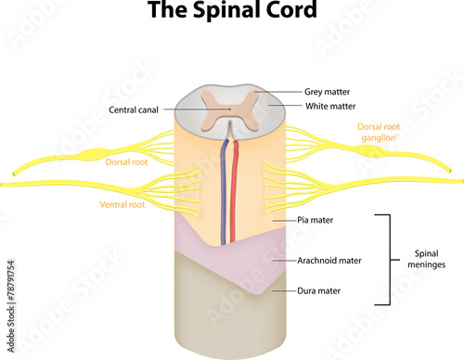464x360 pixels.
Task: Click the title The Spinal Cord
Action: pyautogui.click(x=232, y=14)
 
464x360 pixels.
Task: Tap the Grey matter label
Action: pyautogui.click(x=328, y=93)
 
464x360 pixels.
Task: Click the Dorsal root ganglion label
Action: pyautogui.click(x=381, y=132)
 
